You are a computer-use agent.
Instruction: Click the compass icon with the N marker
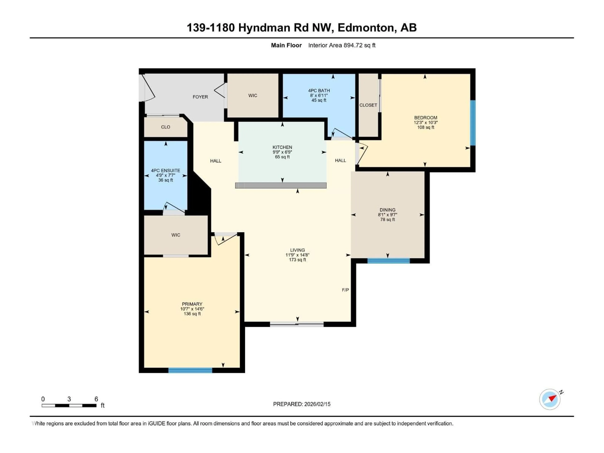pyautogui.click(x=550, y=399)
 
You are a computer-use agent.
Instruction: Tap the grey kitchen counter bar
pyautogui.click(x=281, y=185)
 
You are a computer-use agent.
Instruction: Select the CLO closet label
pyautogui.click(x=165, y=127)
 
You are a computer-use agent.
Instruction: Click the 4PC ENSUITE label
pyautogui.click(x=165, y=170)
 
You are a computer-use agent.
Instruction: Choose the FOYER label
pyautogui.click(x=200, y=97)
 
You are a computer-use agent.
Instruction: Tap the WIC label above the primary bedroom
pyautogui.click(x=176, y=235)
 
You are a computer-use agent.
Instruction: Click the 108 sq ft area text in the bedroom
pyautogui.click(x=425, y=127)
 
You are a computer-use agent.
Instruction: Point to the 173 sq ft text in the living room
pyautogui.click(x=297, y=260)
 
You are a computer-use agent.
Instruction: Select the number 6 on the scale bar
pyautogui.click(x=96, y=399)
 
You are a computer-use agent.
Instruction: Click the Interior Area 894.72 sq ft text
pyautogui.click(x=342, y=45)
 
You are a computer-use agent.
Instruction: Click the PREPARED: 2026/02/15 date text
pyautogui.click(x=302, y=404)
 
